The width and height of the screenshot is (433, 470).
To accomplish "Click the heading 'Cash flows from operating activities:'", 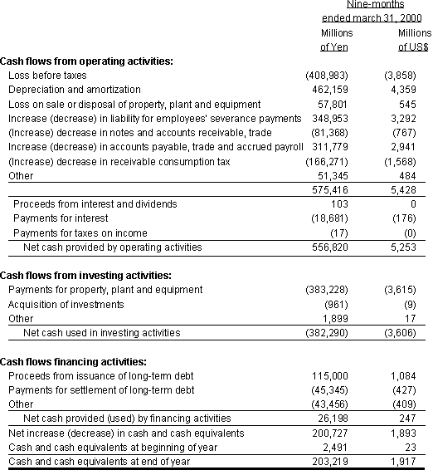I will pyautogui.click(x=86, y=61).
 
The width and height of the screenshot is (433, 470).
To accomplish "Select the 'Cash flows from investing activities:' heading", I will pyautogui.click(x=85, y=275).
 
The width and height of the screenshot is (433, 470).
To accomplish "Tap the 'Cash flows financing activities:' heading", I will pyautogui.click(x=74, y=361).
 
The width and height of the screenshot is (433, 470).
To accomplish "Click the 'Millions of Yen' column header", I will pyautogui.click(x=336, y=39).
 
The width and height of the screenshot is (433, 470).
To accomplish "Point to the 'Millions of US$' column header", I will pyautogui.click(x=413, y=39).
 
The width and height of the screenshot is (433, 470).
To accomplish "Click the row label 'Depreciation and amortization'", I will pyautogui.click(x=74, y=90).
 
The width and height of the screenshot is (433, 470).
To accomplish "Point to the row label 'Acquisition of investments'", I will pyautogui.click(x=66, y=304).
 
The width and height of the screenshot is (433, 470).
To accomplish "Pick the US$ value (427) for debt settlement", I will pyautogui.click(x=408, y=390).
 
